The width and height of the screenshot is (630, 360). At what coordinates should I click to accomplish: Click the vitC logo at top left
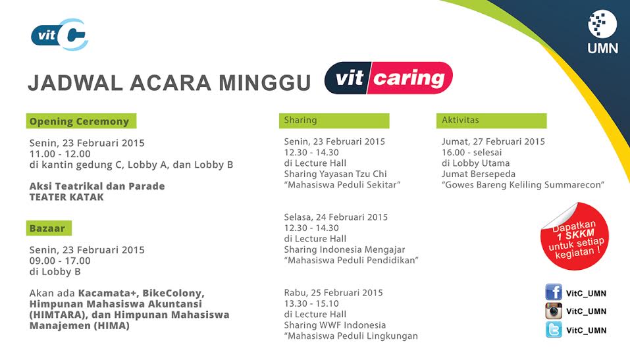point(60,35)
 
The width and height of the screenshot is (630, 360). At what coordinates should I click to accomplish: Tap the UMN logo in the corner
point(602,32)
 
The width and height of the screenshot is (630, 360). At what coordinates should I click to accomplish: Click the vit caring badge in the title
point(388,79)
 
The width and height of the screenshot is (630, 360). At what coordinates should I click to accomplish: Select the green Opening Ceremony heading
point(81,121)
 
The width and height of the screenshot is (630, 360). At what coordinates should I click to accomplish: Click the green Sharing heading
point(334,120)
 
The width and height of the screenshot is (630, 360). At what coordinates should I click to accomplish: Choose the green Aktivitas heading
point(491,120)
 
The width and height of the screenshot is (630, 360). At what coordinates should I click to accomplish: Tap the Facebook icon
point(553,292)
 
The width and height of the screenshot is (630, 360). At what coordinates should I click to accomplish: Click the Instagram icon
point(553,311)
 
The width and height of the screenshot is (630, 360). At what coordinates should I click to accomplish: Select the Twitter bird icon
point(553,330)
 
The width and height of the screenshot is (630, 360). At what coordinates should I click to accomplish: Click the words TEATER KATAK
point(66,197)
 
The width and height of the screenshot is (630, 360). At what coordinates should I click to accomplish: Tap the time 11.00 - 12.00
point(60,153)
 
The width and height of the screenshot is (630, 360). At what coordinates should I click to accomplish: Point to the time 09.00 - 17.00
point(60,260)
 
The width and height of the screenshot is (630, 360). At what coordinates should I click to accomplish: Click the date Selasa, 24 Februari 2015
point(336,217)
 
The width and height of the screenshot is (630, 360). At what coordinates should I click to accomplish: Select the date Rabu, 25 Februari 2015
point(333,293)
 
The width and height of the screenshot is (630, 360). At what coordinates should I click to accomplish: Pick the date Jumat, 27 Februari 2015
point(493,141)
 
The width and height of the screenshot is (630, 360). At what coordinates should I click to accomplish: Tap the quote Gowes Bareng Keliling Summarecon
point(523,185)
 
